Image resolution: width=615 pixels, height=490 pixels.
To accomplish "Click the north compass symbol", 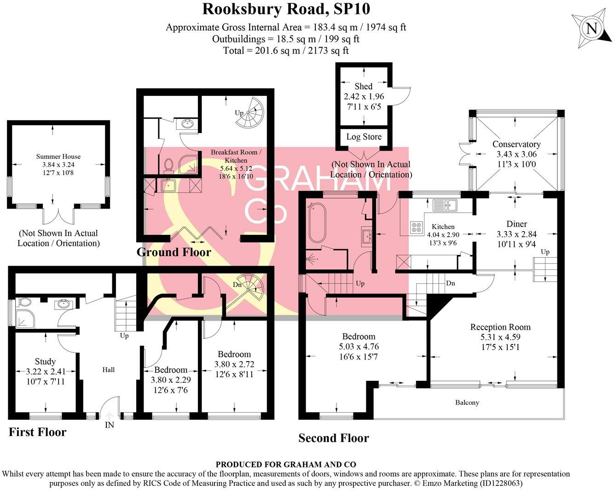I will point(591,29).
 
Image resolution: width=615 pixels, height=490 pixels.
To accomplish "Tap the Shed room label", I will point(363,86).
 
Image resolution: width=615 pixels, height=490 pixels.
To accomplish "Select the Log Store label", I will point(364,137).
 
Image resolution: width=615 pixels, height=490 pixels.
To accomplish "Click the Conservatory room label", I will point(516,144).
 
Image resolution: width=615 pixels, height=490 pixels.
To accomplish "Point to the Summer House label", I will point(58,157).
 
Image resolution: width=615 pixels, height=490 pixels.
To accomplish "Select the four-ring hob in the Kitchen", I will point(416,227).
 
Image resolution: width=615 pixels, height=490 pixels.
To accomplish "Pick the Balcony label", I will point(467,402).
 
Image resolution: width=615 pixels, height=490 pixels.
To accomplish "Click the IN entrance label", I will point(109,425).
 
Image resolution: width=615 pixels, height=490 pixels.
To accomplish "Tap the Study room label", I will point(45,362).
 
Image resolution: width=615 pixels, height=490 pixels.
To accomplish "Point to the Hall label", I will point(109,370).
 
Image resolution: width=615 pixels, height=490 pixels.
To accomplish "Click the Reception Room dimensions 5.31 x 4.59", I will point(500,337).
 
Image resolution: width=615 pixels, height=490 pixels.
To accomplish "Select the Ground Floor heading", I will point(174,252).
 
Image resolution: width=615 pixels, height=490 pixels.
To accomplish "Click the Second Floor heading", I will point(333,438).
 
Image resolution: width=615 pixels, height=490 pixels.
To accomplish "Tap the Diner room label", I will point(516,224).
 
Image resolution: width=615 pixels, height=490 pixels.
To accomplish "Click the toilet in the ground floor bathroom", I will point(168,165).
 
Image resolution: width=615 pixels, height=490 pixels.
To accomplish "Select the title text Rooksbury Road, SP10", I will point(286,9).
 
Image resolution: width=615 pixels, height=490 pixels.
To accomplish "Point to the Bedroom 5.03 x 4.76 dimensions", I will point(358,347).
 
